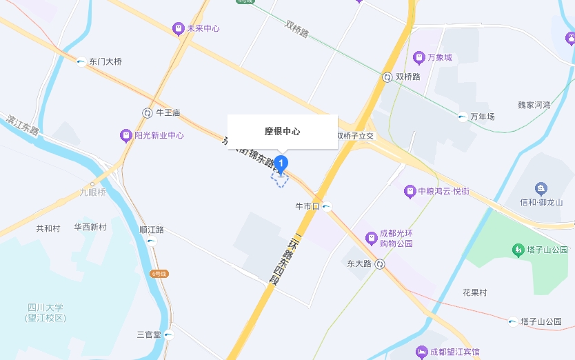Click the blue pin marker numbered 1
281,164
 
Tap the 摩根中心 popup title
283,131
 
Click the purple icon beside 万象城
418,57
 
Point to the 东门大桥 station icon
81,62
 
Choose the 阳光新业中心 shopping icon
125,135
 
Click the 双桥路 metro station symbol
387,77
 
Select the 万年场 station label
483,117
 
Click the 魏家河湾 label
534,105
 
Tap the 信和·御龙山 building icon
541,188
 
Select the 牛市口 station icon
327,206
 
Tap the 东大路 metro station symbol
380,264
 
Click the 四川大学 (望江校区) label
46,312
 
